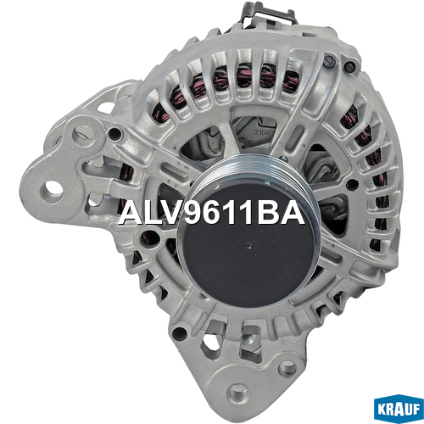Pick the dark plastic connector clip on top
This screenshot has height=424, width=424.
click(267, 14)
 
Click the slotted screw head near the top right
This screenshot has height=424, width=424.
click(329, 61)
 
